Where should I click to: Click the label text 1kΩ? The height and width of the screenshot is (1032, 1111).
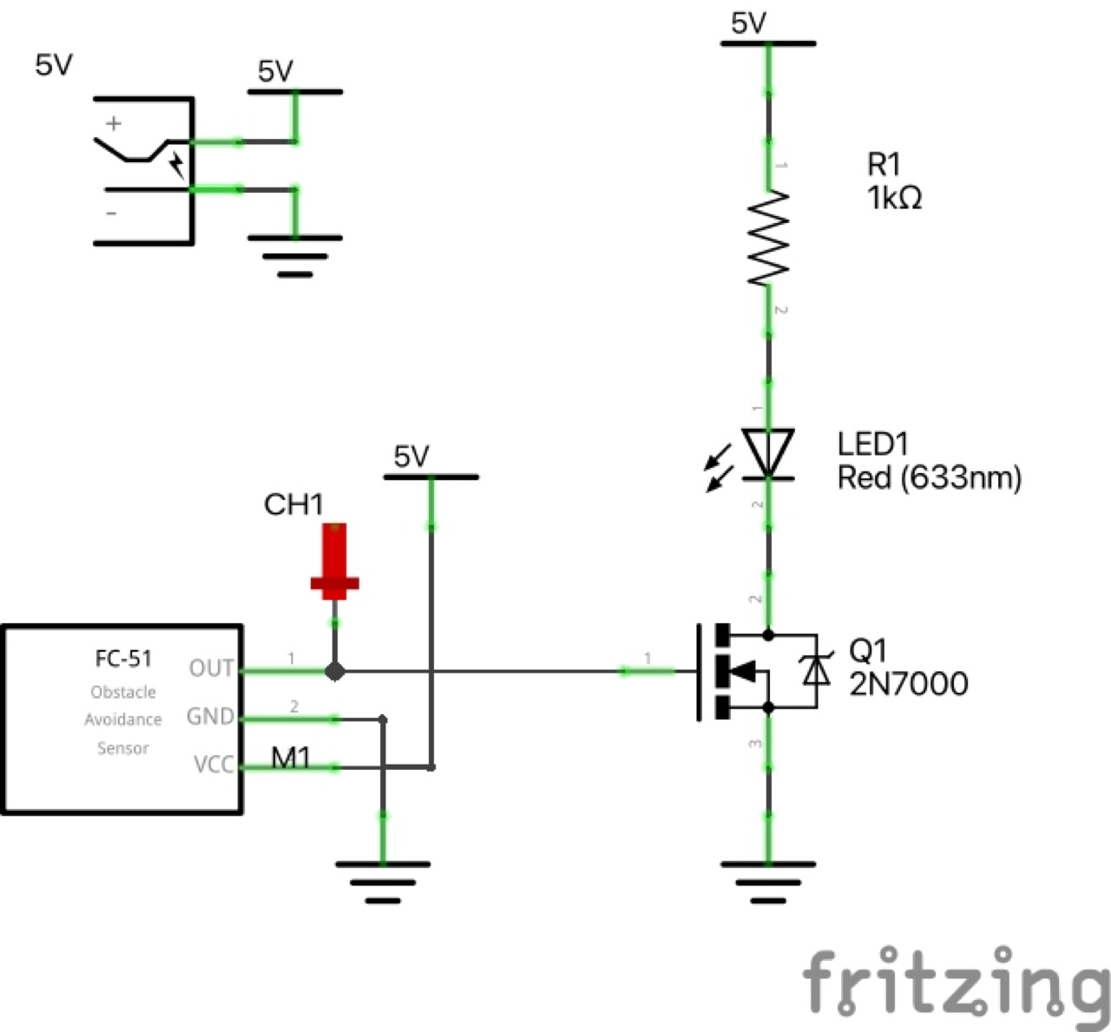point(894,198)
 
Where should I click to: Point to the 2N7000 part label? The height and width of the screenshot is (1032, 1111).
point(909,684)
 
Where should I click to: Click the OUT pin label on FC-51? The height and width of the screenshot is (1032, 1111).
point(212,668)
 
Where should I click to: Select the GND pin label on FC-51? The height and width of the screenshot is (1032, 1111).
point(211,717)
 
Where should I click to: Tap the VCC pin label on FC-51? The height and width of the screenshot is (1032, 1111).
point(214,765)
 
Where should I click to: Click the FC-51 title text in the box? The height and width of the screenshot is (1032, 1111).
point(123,659)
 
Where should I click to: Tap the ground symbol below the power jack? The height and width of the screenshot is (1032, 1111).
point(295,255)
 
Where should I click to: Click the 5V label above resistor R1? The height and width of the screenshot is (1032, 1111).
point(749,23)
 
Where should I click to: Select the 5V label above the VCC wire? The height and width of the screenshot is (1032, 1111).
point(411,457)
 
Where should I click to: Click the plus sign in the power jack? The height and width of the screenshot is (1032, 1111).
point(114,124)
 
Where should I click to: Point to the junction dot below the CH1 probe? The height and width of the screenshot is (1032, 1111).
point(335,671)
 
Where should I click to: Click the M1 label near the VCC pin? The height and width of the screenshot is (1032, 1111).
point(291,759)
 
